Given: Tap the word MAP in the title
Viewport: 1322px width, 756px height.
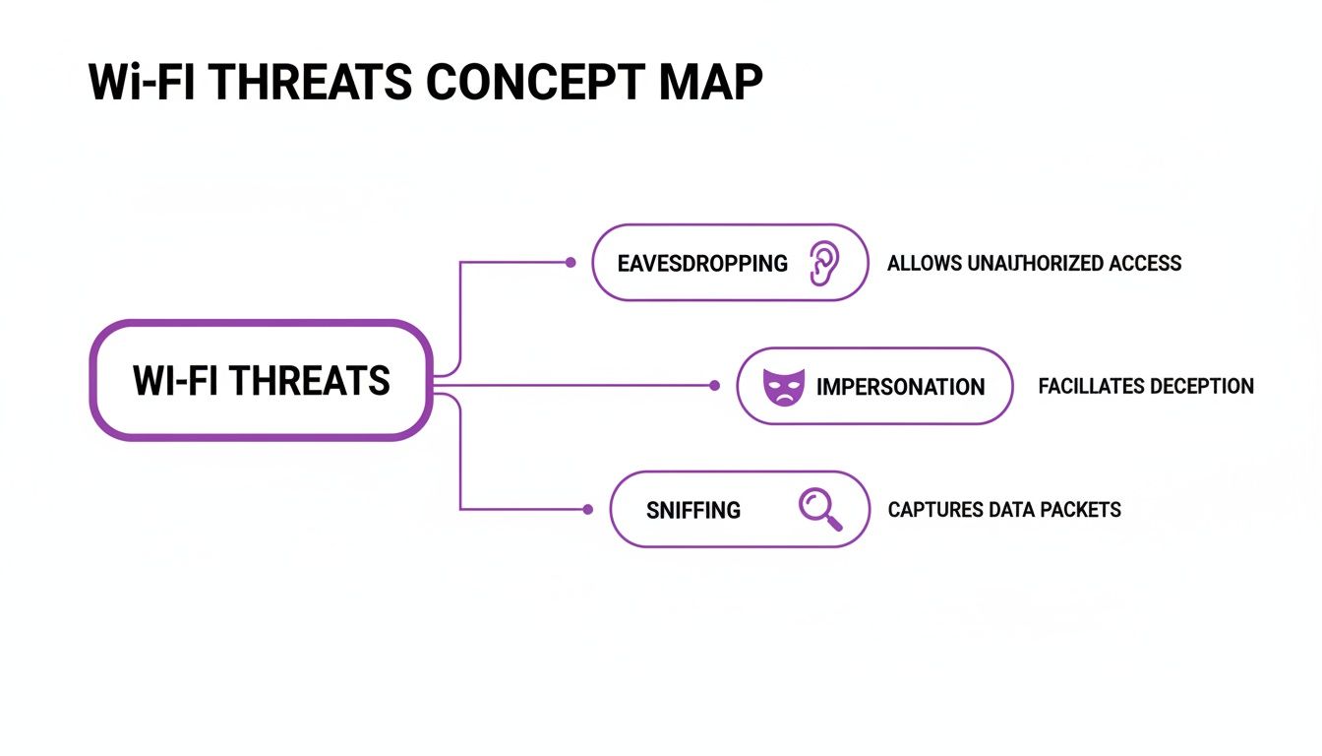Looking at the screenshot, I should (711, 84).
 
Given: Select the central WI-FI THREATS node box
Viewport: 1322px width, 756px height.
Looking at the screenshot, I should (261, 380).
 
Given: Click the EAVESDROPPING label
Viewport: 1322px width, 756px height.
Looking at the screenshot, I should (702, 263).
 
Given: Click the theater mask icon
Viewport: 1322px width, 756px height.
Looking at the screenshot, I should (784, 386).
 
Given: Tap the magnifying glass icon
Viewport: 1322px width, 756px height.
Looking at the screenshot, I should (819, 509).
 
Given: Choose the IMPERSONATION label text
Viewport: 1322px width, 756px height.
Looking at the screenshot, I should (900, 387).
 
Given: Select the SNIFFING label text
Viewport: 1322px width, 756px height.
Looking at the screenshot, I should (693, 510).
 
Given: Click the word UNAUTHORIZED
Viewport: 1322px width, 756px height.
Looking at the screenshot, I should (1036, 263).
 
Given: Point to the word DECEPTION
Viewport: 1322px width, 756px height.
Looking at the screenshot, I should (1201, 386).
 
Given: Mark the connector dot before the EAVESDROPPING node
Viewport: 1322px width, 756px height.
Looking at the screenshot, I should (571, 263).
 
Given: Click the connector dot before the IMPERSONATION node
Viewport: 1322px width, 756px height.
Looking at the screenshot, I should (715, 386).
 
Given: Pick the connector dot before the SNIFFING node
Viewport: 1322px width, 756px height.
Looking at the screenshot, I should (587, 509).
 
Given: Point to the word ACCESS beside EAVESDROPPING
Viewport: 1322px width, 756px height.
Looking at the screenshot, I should (1145, 263).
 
